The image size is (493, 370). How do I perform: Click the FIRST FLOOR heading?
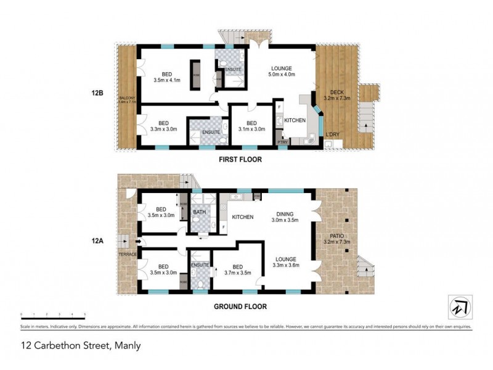click(x=240, y=159)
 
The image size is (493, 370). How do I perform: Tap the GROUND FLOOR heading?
click(x=240, y=305)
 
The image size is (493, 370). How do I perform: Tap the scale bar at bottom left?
click(x=52, y=316)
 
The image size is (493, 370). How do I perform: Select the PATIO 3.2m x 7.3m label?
click(x=336, y=238)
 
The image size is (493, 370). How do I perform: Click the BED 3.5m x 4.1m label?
click(x=166, y=76)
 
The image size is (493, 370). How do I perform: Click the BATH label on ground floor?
click(x=200, y=213)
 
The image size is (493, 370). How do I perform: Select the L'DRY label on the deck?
click(x=332, y=134)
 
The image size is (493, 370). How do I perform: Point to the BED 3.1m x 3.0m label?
click(x=251, y=126)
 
